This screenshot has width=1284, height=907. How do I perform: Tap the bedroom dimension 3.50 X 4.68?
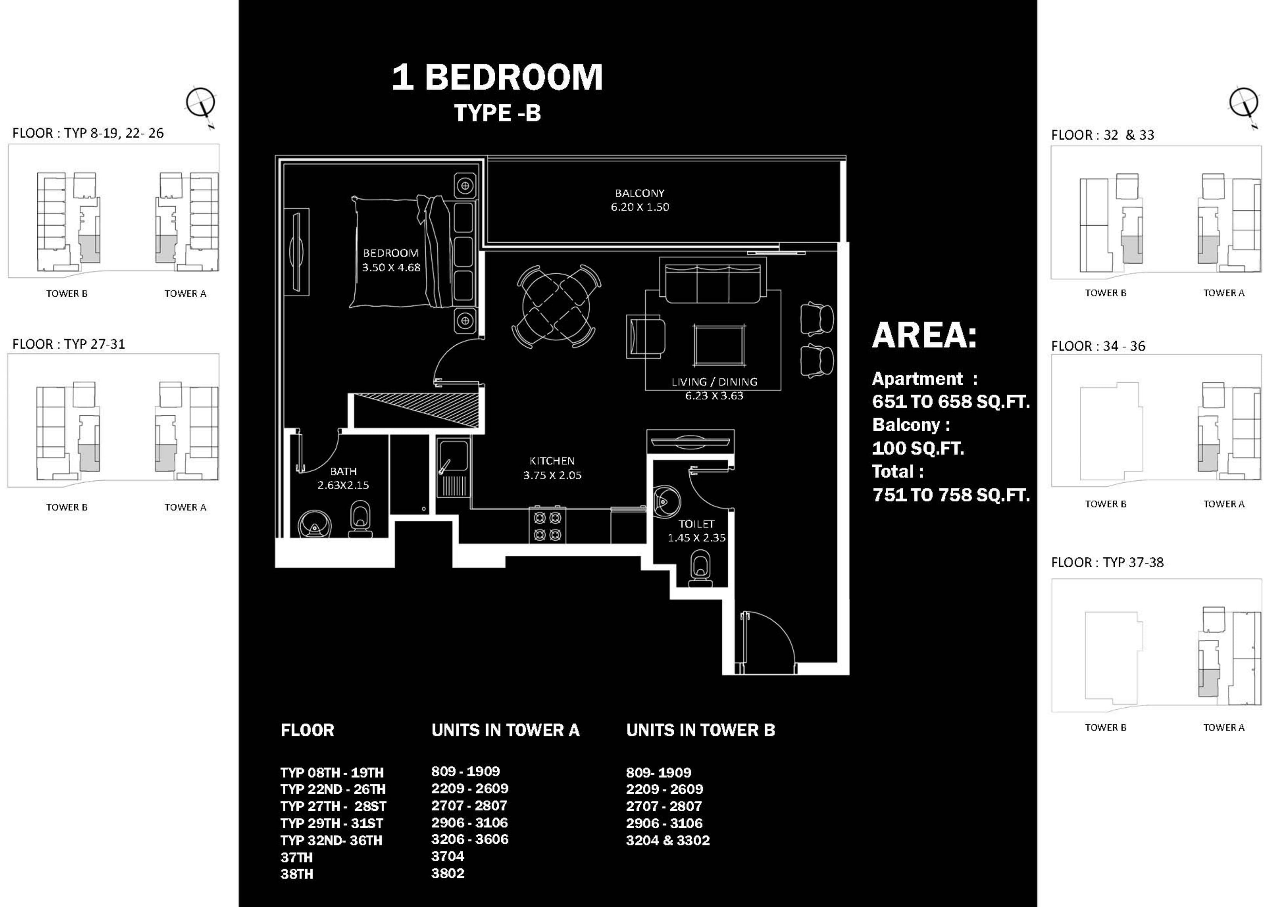click(x=391, y=268)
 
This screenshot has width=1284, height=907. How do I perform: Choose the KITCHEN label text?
click(x=552, y=461)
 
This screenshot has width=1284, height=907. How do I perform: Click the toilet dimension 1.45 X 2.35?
click(x=696, y=537)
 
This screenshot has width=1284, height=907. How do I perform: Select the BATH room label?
click(x=344, y=472)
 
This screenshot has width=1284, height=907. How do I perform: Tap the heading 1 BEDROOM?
click(x=497, y=77)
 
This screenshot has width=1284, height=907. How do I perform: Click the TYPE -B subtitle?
click(x=497, y=113)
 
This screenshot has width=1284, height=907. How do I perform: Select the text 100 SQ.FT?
click(x=918, y=448)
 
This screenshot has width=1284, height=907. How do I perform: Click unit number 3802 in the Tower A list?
click(x=448, y=873)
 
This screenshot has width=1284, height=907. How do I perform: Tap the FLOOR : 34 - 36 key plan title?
click(x=1098, y=346)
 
